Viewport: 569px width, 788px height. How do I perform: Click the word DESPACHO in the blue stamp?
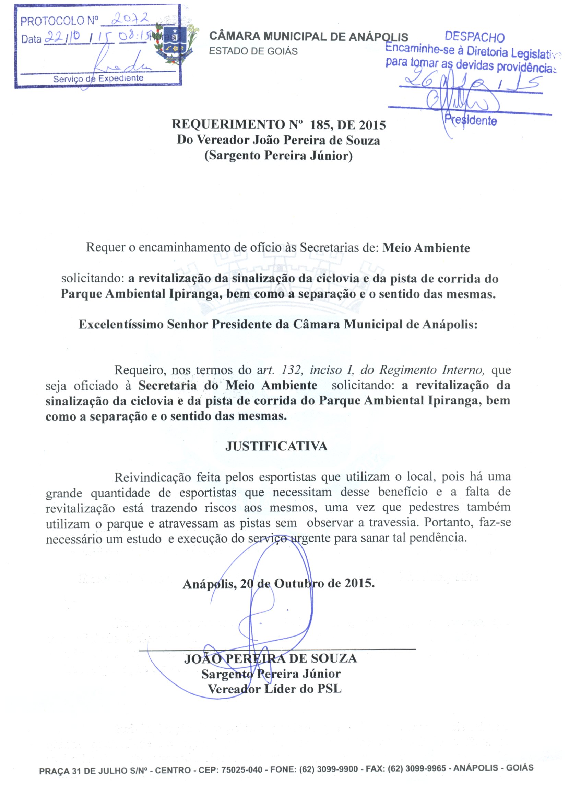point(474,37)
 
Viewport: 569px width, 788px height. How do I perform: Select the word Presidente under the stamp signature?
point(471,121)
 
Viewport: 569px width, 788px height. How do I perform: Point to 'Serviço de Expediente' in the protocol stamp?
point(98,78)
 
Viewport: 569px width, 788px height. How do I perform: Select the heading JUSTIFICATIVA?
point(276,446)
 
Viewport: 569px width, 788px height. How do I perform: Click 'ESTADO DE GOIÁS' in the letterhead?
point(253,51)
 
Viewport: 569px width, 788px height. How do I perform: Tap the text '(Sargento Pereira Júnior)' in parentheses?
point(278,155)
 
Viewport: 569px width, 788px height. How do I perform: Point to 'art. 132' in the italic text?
point(276,370)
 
